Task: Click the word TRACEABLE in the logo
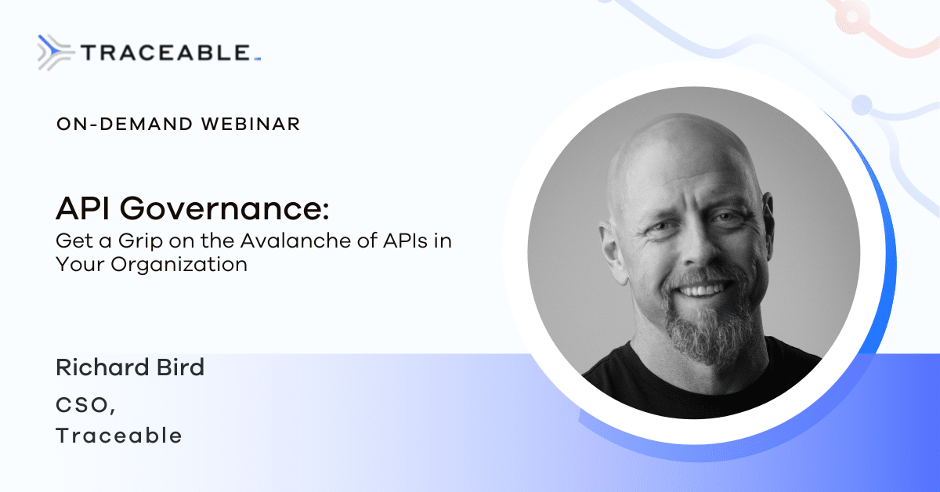click(166, 53)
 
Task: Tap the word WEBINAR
click(251, 124)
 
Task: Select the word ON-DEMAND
click(125, 124)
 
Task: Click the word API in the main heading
click(83, 208)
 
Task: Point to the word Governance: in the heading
click(225, 208)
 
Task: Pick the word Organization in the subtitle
click(179, 265)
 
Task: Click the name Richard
click(103, 367)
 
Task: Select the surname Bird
click(180, 367)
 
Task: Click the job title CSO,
click(85, 406)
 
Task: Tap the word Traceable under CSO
click(119, 436)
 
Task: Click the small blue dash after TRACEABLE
click(258, 60)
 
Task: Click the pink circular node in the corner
click(852, 16)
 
